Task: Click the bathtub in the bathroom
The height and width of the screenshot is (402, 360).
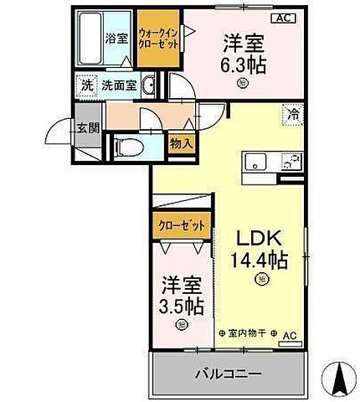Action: [x=90, y=40]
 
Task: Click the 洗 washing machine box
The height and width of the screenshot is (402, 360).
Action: [x=85, y=85]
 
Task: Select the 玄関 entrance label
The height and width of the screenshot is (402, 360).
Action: [x=87, y=128]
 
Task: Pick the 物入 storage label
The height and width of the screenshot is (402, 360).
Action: [x=183, y=143]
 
